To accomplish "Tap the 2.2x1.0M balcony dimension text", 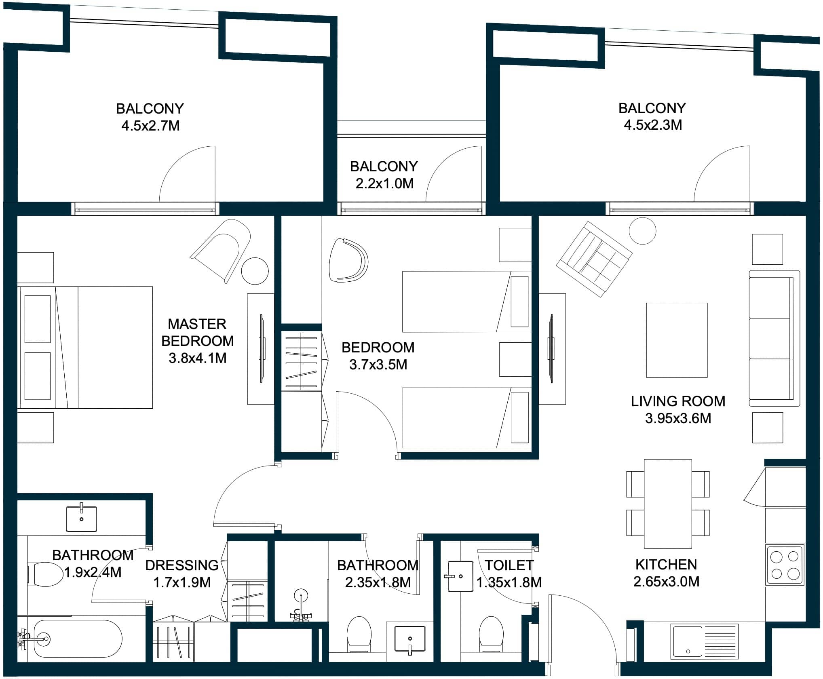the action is tap(384, 184).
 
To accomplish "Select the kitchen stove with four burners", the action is tap(785, 565).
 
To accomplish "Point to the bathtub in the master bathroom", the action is tap(77, 639).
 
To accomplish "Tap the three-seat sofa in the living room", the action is tap(774, 338).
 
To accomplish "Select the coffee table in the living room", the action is tap(677, 340).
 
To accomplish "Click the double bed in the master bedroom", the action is tap(86, 347).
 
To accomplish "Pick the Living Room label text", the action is tap(678, 401).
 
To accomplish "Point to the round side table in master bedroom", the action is tap(255, 271).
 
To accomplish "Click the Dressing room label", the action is tap(182, 565).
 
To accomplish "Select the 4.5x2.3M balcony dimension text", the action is tap(653, 125).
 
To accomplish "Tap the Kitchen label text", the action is tap(666, 565).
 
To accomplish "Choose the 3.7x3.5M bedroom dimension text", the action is tap(378, 365).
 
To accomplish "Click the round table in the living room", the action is tap(642, 231).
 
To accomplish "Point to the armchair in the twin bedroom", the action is tap(348, 260).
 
